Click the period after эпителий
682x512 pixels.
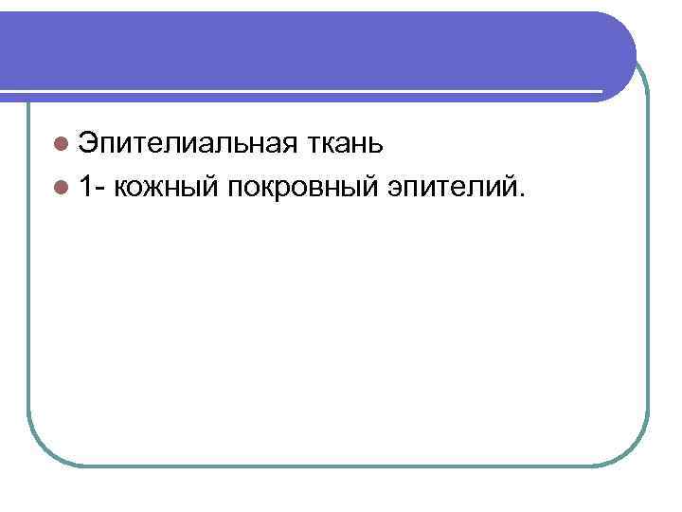click(x=518, y=194)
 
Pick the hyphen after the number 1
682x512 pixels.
click(x=101, y=189)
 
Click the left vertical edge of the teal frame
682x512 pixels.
click(x=27, y=284)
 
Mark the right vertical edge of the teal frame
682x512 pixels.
click(x=648, y=284)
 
